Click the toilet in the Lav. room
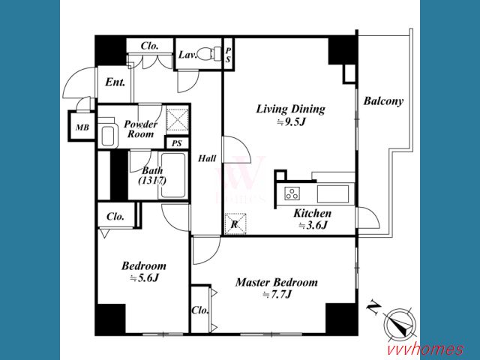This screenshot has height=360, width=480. (x=209, y=54)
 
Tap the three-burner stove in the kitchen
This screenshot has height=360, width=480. (x=292, y=193)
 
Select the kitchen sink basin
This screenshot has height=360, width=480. (x=333, y=193)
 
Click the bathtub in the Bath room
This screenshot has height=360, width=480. (x=173, y=175)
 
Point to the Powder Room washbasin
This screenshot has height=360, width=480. (x=108, y=135)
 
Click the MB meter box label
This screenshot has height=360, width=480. (x=82, y=127)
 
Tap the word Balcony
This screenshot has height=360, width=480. (x=383, y=101)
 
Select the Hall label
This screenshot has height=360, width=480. (x=207, y=158)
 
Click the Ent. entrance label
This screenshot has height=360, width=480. (x=115, y=82)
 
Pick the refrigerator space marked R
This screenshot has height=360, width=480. (x=235, y=223)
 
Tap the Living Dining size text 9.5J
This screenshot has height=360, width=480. (x=291, y=122)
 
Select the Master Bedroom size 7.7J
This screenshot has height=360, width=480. (x=277, y=295)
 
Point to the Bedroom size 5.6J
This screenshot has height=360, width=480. (x=144, y=278)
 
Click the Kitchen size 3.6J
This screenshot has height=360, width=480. (x=313, y=225)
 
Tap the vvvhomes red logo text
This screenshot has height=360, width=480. (x=425, y=349)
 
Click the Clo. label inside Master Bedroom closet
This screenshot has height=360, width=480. (x=200, y=310)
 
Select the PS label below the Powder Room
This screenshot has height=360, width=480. (x=177, y=143)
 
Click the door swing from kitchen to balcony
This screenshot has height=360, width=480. (x=368, y=217)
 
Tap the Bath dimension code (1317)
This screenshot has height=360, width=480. (x=152, y=181)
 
